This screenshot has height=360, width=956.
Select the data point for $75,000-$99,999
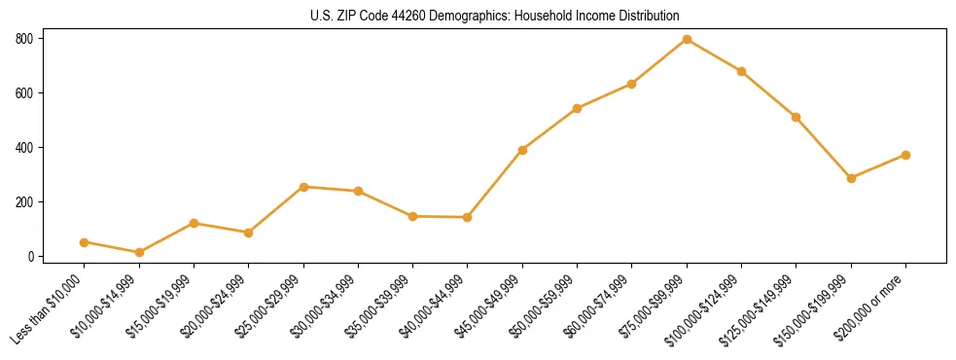tap(687, 39)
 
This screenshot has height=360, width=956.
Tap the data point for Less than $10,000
tap(84, 242)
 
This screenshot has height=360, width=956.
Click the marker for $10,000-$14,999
tap(139, 253)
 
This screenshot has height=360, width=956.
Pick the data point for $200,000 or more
tap(905, 155)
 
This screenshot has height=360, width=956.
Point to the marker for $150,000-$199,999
tap(851, 178)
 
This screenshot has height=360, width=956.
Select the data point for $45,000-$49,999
tap(522, 150)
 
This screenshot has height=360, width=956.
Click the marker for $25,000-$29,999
tap(303, 187)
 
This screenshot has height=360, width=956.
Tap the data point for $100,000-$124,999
tap(741, 71)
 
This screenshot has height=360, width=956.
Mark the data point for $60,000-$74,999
tap(632, 84)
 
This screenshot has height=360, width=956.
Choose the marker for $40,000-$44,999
tap(468, 217)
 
